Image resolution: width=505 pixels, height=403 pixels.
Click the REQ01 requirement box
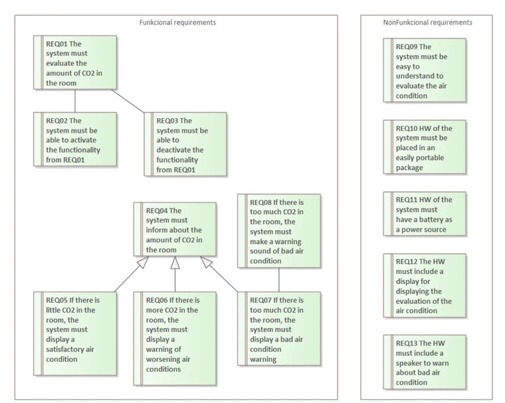click(x=75, y=62)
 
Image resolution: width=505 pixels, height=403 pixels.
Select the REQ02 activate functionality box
click(x=75, y=139)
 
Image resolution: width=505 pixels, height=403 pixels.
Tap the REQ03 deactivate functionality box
click(x=185, y=144)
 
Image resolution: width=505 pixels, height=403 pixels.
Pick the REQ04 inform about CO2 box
click(x=175, y=229)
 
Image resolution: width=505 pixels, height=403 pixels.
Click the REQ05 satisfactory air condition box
click(x=75, y=333)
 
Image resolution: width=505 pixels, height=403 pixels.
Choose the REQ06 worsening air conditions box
click(x=175, y=339)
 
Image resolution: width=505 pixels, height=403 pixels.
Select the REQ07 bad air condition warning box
click(x=279, y=329)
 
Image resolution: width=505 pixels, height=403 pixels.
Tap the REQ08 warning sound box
click(x=279, y=231)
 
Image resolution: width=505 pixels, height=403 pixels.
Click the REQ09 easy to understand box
click(x=425, y=70)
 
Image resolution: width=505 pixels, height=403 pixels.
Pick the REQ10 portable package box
click(x=425, y=147)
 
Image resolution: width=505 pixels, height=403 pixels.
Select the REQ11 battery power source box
click(x=425, y=214)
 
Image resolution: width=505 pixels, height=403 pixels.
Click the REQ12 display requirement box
click(x=425, y=285)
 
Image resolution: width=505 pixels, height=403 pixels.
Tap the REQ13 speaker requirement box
click(x=425, y=362)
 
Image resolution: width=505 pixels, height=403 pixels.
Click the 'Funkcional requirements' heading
click(x=177, y=23)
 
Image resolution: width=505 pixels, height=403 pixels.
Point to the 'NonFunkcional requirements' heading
click(x=427, y=23)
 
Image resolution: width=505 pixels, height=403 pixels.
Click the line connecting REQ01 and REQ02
click(x=75, y=101)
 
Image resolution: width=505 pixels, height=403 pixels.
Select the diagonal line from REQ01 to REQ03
click(x=128, y=101)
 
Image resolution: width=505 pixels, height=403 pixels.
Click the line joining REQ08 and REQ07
click(x=279, y=280)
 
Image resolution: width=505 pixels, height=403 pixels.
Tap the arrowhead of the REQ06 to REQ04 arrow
click(x=175, y=263)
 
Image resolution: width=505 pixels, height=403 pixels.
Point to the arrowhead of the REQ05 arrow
click(x=144, y=262)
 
